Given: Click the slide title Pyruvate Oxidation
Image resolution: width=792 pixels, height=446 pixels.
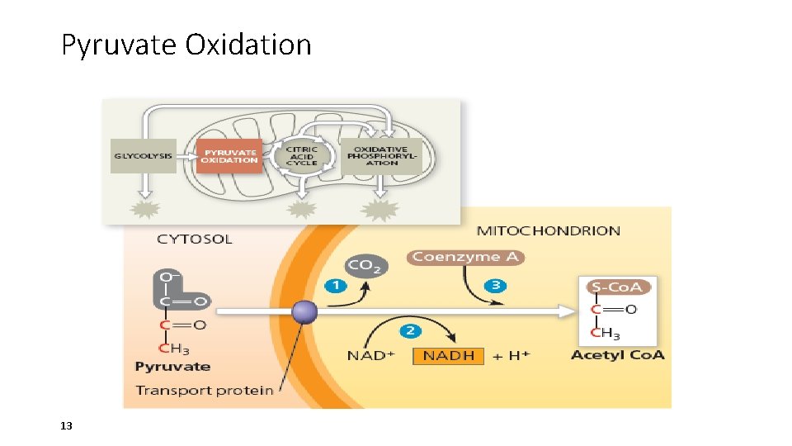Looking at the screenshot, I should pos(186,45).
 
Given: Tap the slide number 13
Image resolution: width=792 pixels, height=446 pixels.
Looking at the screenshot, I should pos(67,426).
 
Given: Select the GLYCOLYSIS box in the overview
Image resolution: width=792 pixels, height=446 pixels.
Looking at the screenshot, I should pos(144,155).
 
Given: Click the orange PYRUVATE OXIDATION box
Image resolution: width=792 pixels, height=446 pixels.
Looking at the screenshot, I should pos(229,155).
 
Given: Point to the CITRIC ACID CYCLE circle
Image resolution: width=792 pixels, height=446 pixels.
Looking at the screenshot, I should pos(301,156).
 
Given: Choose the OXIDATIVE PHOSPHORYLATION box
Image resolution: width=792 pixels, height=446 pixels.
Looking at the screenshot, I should pos(381,155).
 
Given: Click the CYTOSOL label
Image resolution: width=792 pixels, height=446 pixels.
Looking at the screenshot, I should pos(195,240).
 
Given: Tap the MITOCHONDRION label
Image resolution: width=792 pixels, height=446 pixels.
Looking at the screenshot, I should pos(549,230).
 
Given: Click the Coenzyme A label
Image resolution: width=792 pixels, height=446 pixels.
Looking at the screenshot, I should pos(465,257).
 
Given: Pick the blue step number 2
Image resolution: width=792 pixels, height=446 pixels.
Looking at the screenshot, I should pos(410,330).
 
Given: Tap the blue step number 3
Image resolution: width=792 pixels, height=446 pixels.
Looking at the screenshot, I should pos(496,286).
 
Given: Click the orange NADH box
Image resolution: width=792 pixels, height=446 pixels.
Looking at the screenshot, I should pos(450,356).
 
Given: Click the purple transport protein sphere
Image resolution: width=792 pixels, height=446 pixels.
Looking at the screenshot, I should pos(304,312).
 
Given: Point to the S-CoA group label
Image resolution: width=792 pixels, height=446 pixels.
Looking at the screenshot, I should pos(619,287).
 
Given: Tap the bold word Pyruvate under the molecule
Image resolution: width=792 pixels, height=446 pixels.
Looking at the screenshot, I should pos(172,367).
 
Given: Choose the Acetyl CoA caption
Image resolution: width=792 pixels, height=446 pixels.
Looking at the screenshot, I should pos(617,355).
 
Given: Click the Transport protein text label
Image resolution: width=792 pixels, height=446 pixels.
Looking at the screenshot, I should pos(204,390).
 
